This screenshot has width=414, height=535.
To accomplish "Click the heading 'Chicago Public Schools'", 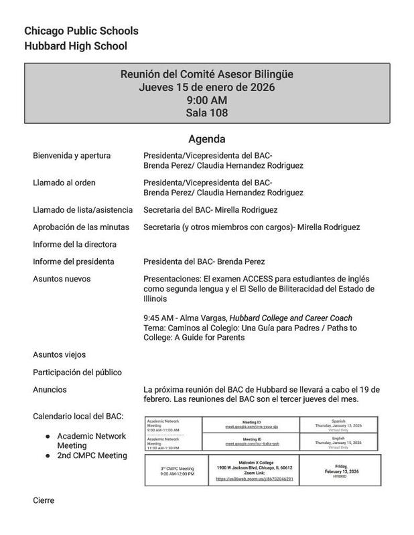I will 81,31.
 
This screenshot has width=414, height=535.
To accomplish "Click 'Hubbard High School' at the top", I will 75,46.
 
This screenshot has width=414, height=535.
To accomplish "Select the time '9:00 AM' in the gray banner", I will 207,100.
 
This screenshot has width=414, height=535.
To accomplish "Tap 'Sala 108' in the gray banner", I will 207,113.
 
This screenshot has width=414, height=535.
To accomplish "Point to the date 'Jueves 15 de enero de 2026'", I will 207,87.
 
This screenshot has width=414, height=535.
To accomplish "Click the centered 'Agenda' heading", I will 207,140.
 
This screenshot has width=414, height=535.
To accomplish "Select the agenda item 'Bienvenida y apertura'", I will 72,156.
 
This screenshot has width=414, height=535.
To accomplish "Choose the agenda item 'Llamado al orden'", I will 65,183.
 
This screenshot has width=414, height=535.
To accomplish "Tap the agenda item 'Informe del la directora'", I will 74,244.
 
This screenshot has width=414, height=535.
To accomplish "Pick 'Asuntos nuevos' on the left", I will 62,278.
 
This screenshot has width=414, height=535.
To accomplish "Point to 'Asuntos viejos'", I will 60,354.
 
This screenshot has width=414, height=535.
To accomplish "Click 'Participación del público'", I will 77,372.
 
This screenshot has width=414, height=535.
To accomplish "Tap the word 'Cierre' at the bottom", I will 44,500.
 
